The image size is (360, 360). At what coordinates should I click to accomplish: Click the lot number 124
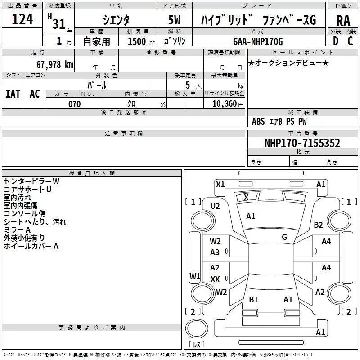coord(22,19)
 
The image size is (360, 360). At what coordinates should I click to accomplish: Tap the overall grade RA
coord(343,21)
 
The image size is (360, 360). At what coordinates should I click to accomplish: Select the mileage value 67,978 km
coord(55,65)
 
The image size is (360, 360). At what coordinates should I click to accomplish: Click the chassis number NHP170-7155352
coord(302,143)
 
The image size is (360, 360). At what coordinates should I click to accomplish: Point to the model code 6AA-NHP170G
coord(258,41)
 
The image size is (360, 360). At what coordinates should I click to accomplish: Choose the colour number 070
coord(74,104)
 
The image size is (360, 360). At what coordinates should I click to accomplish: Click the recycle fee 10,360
coord(224,104)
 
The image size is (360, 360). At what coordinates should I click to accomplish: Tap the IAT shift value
coord(13,94)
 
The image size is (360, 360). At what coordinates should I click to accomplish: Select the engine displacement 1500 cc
coord(141,41)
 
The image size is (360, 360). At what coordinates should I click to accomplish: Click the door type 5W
coord(175,20)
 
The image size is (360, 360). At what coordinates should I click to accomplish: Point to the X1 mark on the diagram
coord(220,184)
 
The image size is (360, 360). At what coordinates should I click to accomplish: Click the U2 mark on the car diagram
coord(215,206)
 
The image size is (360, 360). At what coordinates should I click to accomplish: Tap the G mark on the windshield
coord(284,237)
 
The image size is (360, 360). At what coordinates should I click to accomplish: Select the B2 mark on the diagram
coord(318,225)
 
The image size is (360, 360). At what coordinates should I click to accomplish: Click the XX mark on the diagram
coord(215,279)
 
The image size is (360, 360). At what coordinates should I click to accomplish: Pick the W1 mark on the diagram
coord(195,276)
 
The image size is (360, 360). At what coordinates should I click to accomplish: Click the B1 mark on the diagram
coord(253,299)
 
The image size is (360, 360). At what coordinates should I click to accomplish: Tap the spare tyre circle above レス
coord(197,328)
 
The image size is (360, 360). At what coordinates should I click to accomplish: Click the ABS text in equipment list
coord(258,121)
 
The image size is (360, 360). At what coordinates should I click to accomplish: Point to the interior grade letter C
coord(350,41)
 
